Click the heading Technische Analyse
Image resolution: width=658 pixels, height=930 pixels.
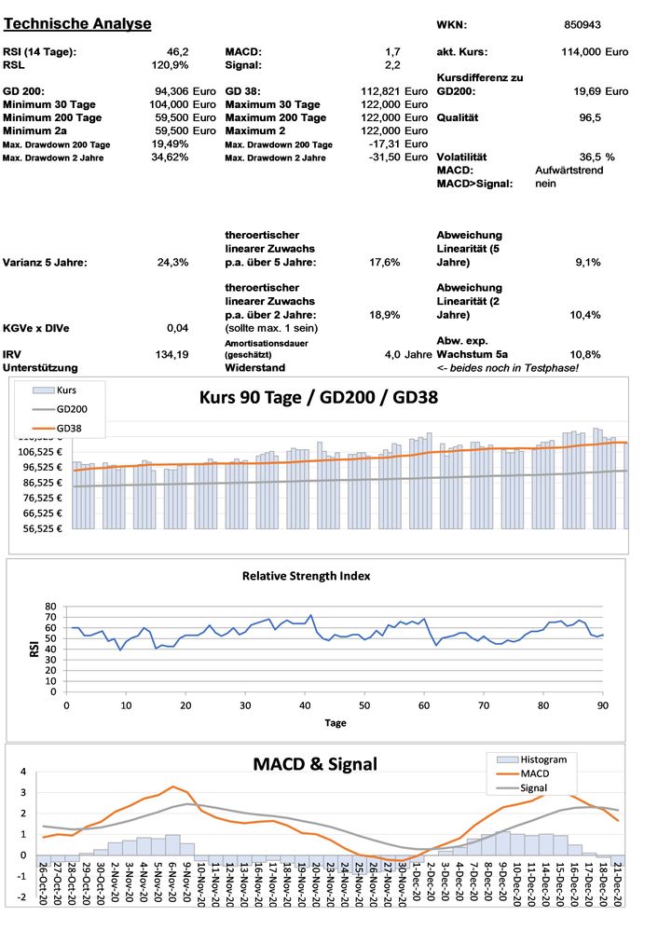(77, 23)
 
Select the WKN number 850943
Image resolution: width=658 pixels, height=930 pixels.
(583, 24)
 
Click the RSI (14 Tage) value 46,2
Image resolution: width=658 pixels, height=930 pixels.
(177, 51)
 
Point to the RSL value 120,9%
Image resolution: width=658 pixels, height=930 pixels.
(170, 65)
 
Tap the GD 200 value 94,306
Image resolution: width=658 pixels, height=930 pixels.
(171, 91)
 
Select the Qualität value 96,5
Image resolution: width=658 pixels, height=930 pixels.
(589, 118)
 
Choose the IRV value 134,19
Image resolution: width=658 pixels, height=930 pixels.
(171, 354)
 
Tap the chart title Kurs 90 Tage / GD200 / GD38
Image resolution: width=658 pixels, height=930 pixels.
(320, 396)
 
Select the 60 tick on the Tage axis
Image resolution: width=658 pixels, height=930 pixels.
(424, 704)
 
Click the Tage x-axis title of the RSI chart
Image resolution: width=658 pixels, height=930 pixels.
(335, 722)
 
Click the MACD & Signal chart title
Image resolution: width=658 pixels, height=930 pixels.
(315, 764)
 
